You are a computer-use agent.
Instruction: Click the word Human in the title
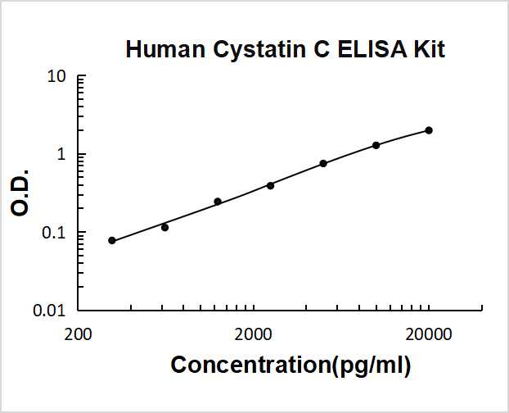coord(164,49)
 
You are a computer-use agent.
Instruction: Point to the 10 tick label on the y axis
coord(56,77)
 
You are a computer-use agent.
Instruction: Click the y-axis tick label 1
coord(61,155)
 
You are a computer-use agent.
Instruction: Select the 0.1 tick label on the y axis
coord(54,233)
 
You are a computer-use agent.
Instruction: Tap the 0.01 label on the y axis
coord(50,311)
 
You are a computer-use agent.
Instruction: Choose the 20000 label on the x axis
coord(428,334)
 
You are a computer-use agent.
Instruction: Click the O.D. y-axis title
coord(21,193)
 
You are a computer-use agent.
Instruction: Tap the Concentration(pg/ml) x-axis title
coord(291,365)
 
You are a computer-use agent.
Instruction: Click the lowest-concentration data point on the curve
coord(112,240)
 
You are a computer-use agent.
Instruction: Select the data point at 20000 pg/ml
coord(429,130)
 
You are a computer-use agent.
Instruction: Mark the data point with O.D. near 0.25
coord(218,202)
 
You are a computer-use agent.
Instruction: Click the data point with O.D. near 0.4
coord(270,185)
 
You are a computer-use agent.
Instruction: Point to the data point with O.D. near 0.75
coord(323,164)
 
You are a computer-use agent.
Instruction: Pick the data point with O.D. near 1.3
coord(376,145)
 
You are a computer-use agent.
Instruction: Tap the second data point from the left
coord(164,227)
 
